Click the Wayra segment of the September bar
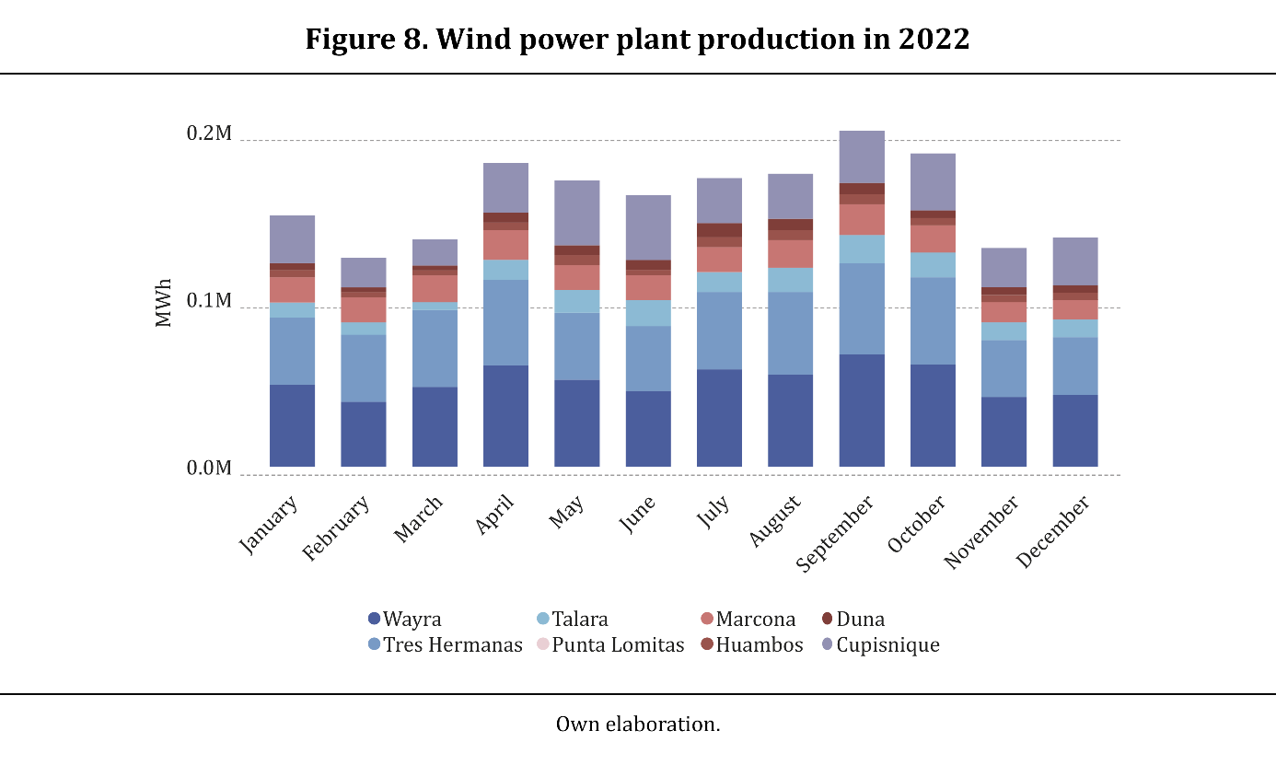862,410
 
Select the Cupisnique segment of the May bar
577,213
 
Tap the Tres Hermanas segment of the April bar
505,322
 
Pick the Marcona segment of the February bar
364,309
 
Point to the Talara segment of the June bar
648,313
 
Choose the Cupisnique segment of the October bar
933,182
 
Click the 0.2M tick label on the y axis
210,134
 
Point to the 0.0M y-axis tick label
210,469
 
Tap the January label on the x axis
269,526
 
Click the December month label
1053,532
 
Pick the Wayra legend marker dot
374,620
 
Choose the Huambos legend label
760,644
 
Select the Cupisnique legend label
887,644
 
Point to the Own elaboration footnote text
637,724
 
